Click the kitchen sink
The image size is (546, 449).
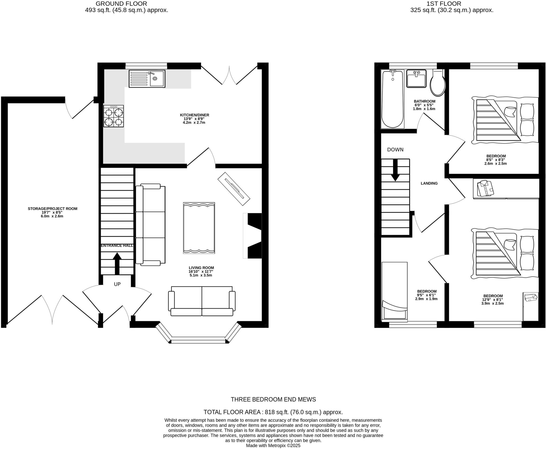click(147, 79)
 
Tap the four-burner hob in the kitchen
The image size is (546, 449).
click(114, 116)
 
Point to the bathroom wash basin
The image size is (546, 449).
click(416, 79)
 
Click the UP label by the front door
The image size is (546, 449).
click(117, 284)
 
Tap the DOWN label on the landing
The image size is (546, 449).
click(395, 150)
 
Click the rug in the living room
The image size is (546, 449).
click(199, 228)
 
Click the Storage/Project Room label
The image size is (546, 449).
click(53, 209)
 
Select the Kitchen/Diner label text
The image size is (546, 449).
click(194, 115)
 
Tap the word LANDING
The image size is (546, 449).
click(429, 183)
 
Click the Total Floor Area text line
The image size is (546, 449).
click(273, 412)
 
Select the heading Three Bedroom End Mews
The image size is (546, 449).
click(273, 399)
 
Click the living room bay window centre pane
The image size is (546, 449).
click(199, 341)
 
